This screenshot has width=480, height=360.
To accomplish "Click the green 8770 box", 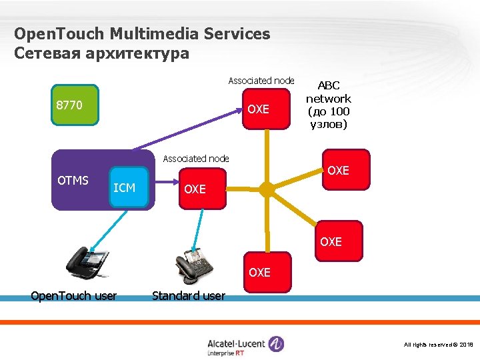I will pos(75,105).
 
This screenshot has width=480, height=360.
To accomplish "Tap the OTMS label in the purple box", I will pos(73,180).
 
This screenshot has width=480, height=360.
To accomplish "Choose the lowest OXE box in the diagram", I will pos(259,272).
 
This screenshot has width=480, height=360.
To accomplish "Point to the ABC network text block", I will pos(328,105).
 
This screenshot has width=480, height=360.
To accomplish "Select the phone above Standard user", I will pos(193,266).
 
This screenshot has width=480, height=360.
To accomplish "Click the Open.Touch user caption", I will pos(74,296).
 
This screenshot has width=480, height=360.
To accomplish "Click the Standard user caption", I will pos(189,295).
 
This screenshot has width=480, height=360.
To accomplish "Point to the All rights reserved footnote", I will pos(439,344).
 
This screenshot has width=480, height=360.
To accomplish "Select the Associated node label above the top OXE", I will pos(261,81).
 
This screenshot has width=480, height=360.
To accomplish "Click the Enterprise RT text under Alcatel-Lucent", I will pos(226,353).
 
